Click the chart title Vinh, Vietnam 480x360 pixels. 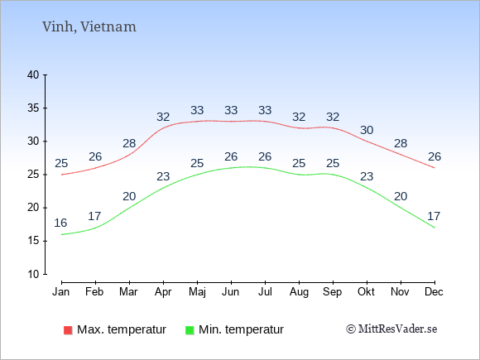[89, 27]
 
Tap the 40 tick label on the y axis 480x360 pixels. [33, 74]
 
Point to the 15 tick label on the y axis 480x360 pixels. [33, 241]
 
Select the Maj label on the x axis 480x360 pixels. [197, 292]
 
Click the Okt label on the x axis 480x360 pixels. [366, 292]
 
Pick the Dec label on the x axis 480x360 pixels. [434, 292]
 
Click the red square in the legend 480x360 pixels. [68, 330]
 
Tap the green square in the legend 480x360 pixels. [190, 330]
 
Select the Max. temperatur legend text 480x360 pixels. [122, 330]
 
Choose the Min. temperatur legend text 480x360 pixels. [241, 330]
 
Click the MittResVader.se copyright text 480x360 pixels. [391, 329]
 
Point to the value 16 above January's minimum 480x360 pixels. [60, 223]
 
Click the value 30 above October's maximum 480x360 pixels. [367, 131]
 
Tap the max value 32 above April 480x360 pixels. [163, 117]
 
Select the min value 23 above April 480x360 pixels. [163, 176]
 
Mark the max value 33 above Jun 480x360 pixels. [231, 110]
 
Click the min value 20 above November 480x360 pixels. [401, 196]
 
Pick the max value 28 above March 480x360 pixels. [129, 143]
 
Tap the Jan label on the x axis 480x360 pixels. [61, 292]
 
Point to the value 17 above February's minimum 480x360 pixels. [94, 217]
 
